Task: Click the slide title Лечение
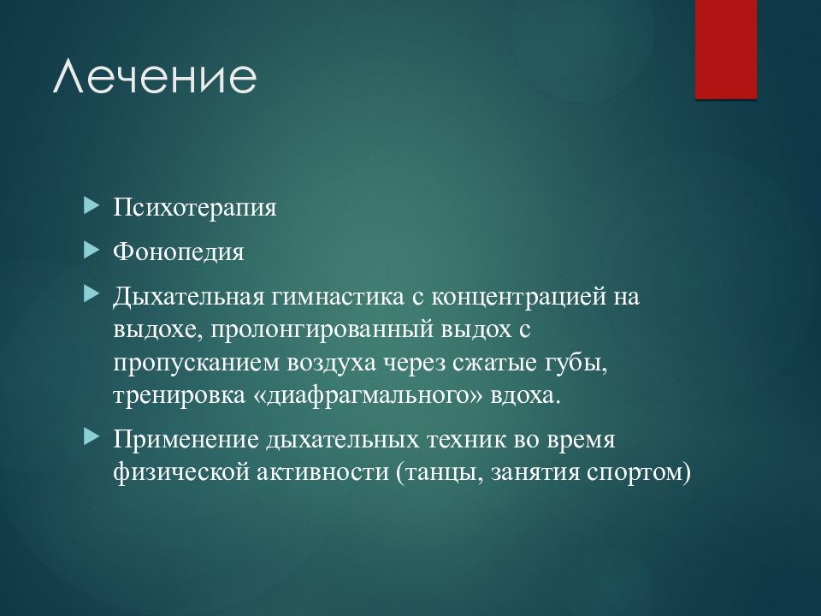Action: click(155, 77)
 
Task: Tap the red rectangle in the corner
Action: click(726, 50)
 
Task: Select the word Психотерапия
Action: click(195, 207)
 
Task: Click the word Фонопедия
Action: click(179, 252)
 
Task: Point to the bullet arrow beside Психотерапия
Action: click(92, 205)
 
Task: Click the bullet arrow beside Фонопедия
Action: click(92, 250)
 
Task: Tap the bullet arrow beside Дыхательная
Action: click(92, 294)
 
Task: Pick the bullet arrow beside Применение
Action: click(92, 437)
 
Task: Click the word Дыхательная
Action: click(188, 297)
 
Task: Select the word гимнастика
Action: click(338, 297)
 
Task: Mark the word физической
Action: click(181, 473)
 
